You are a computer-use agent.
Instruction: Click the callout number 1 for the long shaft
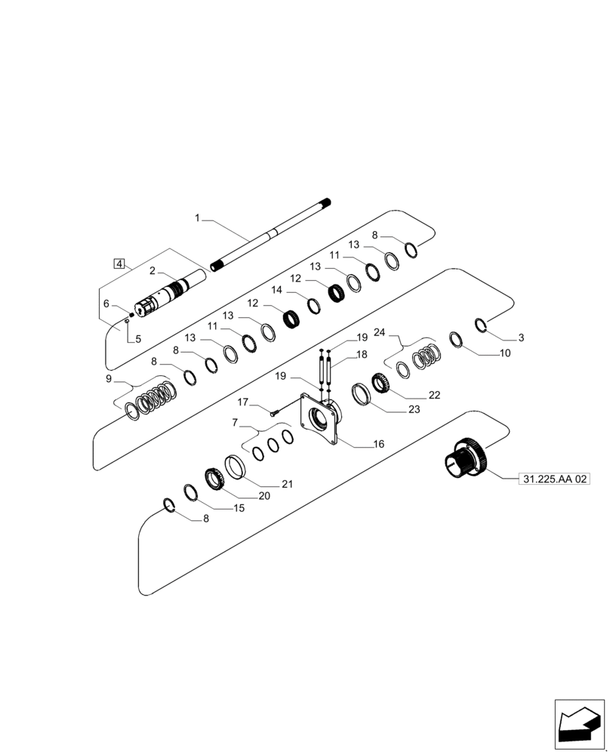tap(197, 218)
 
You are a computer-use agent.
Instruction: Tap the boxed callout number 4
tap(119, 263)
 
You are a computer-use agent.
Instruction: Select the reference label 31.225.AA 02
tap(554, 479)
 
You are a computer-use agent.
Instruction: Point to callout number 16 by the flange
tap(378, 445)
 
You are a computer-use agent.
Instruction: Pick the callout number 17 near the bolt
tap(243, 402)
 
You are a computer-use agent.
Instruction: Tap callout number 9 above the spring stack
tap(109, 378)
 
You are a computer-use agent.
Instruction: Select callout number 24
tap(380, 332)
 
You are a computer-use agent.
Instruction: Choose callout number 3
tap(520, 337)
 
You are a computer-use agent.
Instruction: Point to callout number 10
tap(504, 353)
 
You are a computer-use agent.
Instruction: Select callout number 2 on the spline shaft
tap(152, 271)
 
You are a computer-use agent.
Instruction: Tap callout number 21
tap(287, 484)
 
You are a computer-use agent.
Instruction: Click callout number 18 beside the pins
tap(362, 353)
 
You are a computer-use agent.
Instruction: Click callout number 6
tap(106, 304)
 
